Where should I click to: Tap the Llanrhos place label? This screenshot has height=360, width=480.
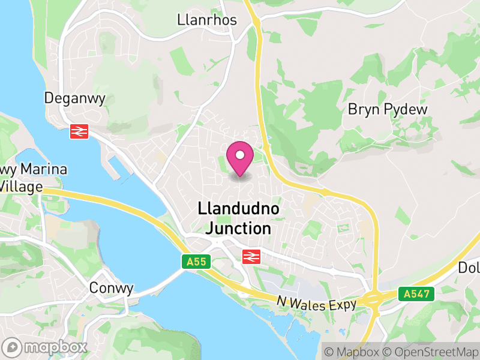pos(207,20)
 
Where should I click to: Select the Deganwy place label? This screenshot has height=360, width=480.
pos(75,98)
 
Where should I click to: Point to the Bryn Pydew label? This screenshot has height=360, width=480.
pos(388,110)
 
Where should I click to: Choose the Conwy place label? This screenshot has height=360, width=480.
pos(111,288)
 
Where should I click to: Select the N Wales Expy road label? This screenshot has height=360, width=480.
pos(317,304)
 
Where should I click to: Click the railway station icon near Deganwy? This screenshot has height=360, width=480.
pos(79,131)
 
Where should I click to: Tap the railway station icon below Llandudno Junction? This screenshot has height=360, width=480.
pos(251,257)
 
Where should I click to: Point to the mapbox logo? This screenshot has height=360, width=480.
pos(46,347)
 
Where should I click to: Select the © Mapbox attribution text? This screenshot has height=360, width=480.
pos(352,352)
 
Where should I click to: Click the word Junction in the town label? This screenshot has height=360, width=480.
pos(238,228)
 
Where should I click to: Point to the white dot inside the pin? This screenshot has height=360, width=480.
pos(240,155)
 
